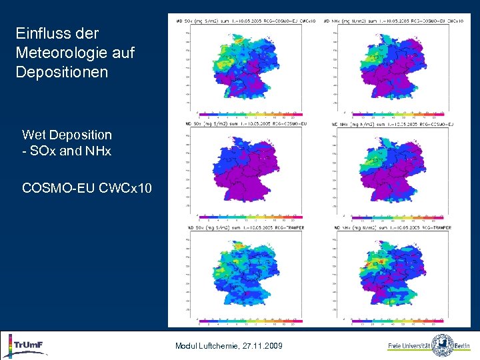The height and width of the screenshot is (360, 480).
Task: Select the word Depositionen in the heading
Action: [61, 71]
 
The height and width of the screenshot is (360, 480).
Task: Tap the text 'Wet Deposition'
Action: [67, 135]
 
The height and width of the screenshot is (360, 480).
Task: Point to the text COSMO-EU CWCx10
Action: [87, 189]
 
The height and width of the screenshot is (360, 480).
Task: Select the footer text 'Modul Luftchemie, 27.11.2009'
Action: [229, 346]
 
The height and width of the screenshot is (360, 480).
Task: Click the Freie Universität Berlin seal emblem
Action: [442, 345]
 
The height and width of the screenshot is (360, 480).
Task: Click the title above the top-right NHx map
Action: [398, 21]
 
